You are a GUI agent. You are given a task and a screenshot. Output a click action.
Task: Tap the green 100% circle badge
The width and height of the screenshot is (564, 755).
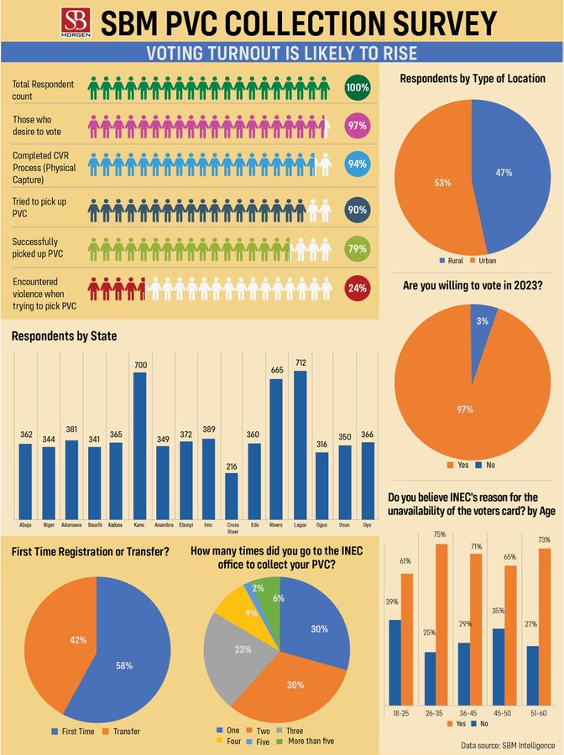[x=357, y=87]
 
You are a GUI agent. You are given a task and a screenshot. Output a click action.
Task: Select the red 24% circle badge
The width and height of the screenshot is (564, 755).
[x=357, y=289]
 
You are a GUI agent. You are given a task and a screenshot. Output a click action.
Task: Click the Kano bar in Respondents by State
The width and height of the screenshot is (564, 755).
[x=139, y=445]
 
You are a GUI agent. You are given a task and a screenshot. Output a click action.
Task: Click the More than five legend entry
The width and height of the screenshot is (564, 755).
[x=307, y=740]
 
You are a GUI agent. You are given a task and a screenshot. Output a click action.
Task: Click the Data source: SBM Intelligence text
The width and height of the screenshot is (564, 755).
[x=507, y=744]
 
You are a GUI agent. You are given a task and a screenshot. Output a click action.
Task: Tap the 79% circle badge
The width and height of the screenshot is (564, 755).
[x=357, y=248]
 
